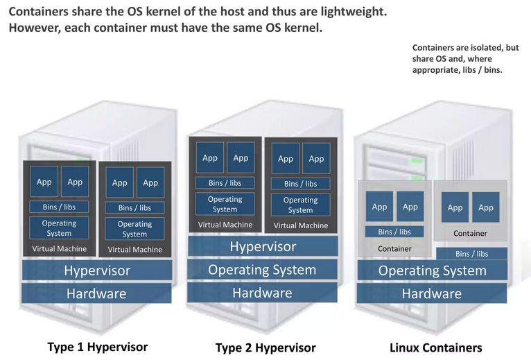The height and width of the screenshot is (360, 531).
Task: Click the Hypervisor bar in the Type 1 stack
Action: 97,271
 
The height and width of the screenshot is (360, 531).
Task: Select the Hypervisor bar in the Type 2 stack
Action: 263,246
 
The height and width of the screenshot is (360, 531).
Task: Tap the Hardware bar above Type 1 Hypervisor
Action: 97,293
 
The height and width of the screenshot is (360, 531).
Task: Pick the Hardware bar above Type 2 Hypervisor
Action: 263,293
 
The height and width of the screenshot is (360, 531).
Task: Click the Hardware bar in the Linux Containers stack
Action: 432,293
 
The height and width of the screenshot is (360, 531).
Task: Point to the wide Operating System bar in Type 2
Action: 263,270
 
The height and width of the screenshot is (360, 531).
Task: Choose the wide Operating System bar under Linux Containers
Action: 432,271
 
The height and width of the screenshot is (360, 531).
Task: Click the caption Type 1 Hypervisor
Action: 97,346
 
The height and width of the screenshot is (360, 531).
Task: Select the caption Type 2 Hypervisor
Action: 265,348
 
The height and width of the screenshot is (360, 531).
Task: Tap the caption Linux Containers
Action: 435,348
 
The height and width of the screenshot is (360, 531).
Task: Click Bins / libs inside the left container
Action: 394,232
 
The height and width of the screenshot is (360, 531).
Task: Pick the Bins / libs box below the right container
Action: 471,254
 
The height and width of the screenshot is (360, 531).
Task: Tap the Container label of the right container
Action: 470,233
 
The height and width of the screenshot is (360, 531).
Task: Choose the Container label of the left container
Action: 394,248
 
